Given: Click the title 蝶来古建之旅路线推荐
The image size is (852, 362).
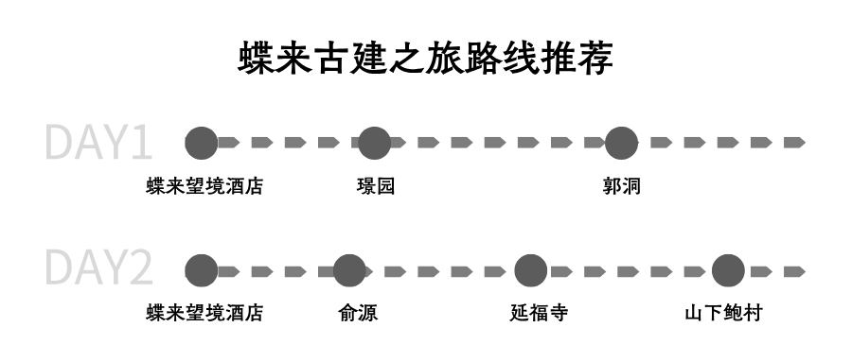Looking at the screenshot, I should click(426, 58).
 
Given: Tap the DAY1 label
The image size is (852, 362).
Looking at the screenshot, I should click(98, 143).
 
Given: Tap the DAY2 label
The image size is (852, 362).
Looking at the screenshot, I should click(98, 269).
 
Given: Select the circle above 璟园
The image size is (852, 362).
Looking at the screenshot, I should click(374, 143).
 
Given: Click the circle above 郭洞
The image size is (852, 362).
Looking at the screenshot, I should click(621, 143).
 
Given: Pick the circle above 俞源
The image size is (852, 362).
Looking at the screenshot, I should click(349, 270).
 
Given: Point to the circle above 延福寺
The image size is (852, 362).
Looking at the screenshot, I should click(530, 270).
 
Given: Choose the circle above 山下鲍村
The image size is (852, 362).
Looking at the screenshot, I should click(728, 270).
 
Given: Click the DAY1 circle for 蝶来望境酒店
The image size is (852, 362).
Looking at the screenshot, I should click(201, 143).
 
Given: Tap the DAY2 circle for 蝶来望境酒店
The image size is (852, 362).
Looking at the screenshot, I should click(201, 270).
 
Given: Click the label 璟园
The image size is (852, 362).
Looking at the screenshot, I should click(375, 186).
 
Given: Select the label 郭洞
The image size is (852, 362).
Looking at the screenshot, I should click(621, 186).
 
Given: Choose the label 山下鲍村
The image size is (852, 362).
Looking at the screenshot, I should click(723, 313).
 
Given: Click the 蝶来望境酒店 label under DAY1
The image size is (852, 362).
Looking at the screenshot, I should click(204, 186).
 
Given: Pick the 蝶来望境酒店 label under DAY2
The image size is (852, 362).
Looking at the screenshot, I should click(204, 313).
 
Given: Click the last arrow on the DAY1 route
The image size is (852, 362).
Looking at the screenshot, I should click(794, 143).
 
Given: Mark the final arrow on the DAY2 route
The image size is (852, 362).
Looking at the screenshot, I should click(794, 271).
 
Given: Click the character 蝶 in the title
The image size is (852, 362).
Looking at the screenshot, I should click(256, 58).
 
